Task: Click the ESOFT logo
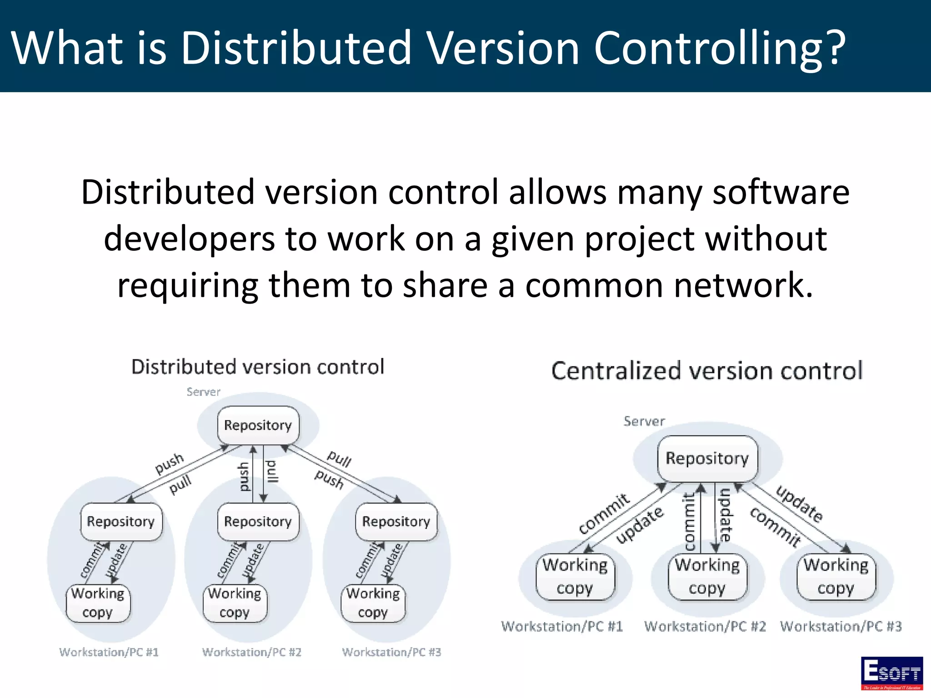click(891, 673)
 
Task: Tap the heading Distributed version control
click(258, 367)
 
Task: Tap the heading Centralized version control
click(707, 371)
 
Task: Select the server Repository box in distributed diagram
click(258, 425)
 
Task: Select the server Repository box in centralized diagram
click(707, 459)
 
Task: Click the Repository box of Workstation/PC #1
click(121, 522)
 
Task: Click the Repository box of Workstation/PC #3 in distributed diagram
click(396, 522)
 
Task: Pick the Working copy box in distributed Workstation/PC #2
click(235, 603)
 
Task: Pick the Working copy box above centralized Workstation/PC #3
click(836, 577)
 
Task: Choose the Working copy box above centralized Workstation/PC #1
click(575, 577)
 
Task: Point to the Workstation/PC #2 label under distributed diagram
click(252, 652)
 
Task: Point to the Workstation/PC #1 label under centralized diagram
click(562, 626)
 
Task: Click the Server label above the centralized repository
click(644, 421)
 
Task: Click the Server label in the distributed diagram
click(203, 392)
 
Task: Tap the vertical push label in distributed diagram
click(244, 477)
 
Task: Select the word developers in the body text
click(190, 239)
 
